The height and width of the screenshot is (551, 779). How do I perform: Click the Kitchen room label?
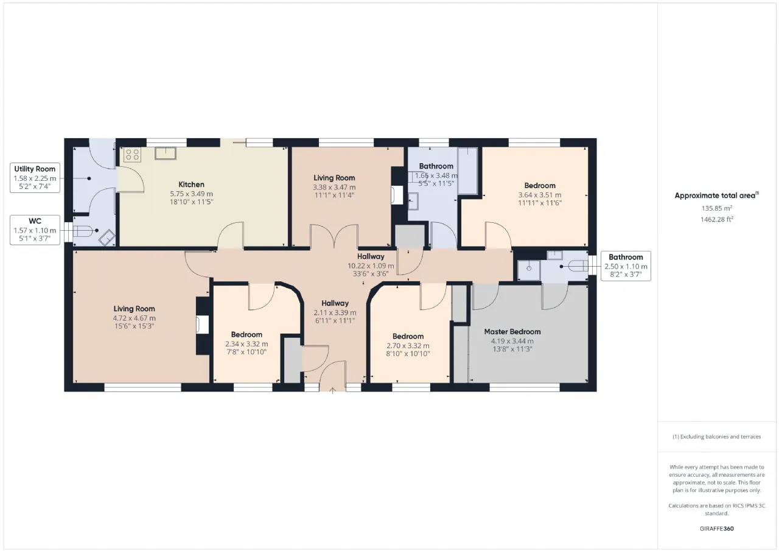click(x=191, y=184)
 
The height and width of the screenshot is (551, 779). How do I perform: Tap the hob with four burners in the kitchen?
click(x=132, y=155)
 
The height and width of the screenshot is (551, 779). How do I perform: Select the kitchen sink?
click(x=166, y=153)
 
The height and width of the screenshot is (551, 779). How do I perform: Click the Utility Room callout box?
click(x=35, y=178)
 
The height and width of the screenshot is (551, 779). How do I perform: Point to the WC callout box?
click(x=35, y=230)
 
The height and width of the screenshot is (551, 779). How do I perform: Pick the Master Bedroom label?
click(x=512, y=331)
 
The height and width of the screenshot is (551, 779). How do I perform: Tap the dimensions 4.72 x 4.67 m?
click(x=134, y=318)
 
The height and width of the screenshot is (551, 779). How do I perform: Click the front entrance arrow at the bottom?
click(x=332, y=391)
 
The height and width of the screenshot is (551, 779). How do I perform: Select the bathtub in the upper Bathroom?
click(x=468, y=171)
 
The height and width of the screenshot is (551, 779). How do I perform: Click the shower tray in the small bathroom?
click(x=529, y=270)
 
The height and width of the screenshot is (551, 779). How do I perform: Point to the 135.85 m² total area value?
click(x=717, y=208)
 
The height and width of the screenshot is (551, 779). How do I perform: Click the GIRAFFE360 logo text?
click(x=717, y=528)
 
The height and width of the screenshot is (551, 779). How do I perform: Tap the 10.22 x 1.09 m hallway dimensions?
click(x=371, y=266)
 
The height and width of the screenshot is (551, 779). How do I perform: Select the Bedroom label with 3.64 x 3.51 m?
click(x=540, y=186)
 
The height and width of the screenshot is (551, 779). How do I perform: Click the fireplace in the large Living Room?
click(x=203, y=325)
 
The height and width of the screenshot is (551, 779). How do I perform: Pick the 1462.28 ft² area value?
click(x=717, y=219)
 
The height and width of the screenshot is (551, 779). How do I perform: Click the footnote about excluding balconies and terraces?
click(x=717, y=436)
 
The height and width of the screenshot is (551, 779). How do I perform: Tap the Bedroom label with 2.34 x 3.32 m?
click(x=246, y=334)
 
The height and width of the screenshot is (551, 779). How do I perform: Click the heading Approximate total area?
click(x=717, y=195)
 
